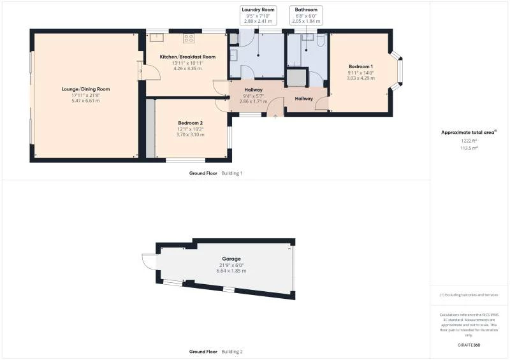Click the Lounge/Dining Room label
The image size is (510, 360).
coord(85,89)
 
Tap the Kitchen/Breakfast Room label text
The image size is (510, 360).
coord(187,57)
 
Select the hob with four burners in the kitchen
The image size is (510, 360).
coord(189,38)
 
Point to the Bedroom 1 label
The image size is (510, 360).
coord(361,67)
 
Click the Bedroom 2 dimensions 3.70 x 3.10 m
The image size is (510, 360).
coord(191,134)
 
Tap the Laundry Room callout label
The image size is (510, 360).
coord(258,10)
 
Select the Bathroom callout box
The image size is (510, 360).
coord(305,15)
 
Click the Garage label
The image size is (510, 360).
coord(231,259)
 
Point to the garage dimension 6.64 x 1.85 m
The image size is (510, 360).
coord(231,271)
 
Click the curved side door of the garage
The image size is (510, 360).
coord(148,262)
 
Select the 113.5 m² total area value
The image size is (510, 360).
coord(469,147)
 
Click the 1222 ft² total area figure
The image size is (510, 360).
coord(469,141)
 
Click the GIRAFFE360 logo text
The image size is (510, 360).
coord(469,345)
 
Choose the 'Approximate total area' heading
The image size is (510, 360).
coord(469,133)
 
